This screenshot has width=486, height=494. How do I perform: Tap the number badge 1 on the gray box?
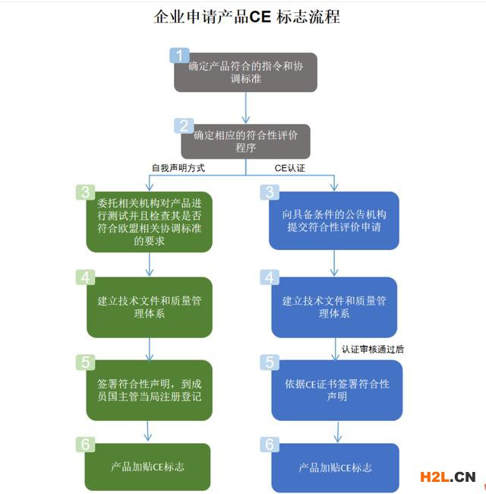click(x=179, y=55)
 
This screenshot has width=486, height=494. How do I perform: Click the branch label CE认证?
click(x=290, y=167)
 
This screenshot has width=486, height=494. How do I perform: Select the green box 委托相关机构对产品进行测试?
click(x=149, y=222)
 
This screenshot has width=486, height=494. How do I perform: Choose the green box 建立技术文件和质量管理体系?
click(x=149, y=307)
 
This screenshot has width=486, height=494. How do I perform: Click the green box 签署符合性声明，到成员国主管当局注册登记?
click(x=149, y=390)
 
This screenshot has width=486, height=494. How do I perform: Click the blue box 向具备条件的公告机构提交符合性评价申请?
click(x=334, y=221)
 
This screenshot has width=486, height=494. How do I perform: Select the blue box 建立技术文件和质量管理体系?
click(x=334, y=307)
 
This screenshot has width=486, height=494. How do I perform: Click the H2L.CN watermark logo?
click(x=447, y=477)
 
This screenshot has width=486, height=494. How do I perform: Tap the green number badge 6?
click(x=85, y=445)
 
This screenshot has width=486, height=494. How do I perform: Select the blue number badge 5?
click(x=270, y=362)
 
